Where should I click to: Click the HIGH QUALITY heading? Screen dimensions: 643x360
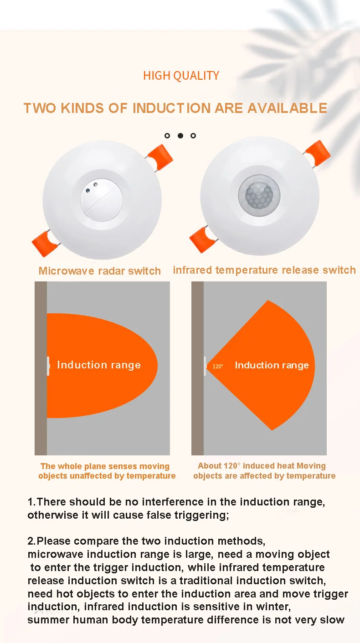click(181, 76)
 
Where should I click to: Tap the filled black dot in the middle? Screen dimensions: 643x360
click(180, 136)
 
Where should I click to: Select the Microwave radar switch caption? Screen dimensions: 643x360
click(100, 271)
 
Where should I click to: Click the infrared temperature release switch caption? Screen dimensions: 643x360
click(264, 270)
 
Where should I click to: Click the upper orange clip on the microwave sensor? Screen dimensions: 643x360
click(160, 155)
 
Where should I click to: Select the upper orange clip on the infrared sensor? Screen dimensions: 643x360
click(317, 151)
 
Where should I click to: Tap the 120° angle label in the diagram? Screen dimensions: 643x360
click(218, 366)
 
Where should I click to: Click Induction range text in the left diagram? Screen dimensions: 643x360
click(99, 365)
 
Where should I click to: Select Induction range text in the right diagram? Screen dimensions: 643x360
click(272, 365)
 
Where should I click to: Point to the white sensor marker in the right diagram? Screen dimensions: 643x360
click(205, 366)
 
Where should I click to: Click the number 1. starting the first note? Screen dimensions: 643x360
click(31, 502)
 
